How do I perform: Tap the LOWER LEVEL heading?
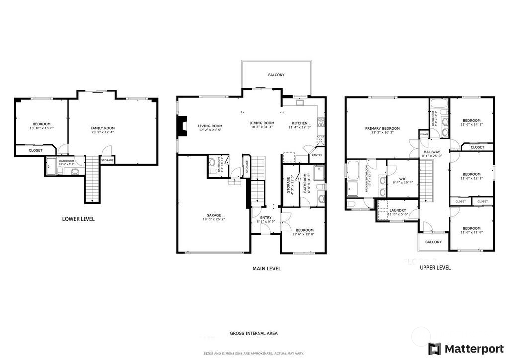pos(78,219)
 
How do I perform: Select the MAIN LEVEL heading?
pos(266,269)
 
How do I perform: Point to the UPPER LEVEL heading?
pos(435,267)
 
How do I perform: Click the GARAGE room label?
pos(214,215)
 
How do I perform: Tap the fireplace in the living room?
pos(183,126)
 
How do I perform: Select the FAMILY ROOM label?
pos(102,128)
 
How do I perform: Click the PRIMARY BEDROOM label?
pos(382,128)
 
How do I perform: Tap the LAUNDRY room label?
pos(397,210)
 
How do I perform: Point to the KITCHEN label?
pos(299,123)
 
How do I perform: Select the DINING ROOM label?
pos(262,123)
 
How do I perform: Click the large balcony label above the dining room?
pos(276,75)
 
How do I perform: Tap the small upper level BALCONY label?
pos(433,242)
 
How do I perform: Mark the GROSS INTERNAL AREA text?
pos(254,333)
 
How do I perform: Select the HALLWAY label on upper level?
pos(432,152)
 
